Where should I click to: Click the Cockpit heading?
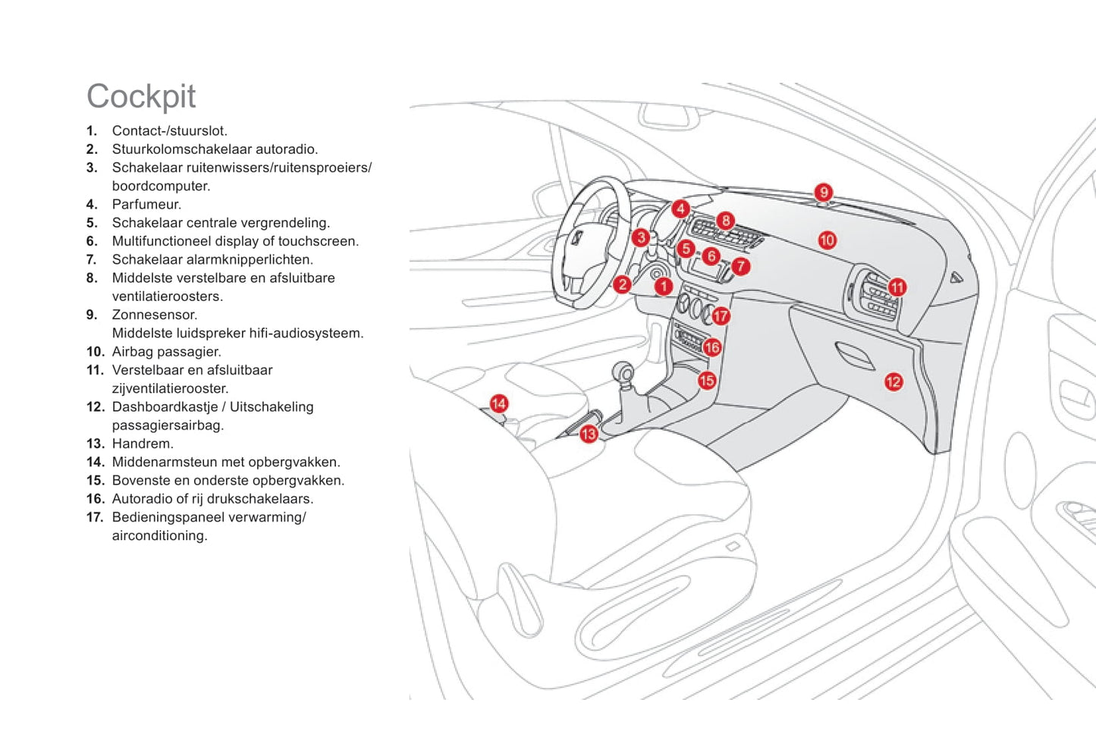(141, 96)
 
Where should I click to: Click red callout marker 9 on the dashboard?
(823, 192)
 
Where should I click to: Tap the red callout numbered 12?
(893, 381)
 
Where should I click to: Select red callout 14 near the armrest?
(498, 403)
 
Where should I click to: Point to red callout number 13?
(589, 434)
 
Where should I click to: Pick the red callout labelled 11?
(897, 287)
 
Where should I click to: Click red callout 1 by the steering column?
(664, 286)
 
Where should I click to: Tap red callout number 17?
(721, 315)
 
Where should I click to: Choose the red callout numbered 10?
(827, 240)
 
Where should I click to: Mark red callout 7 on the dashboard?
(740, 266)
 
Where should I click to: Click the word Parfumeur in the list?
(146, 205)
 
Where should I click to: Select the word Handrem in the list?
(142, 444)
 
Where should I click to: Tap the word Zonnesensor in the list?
(154, 315)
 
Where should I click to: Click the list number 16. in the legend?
(95, 499)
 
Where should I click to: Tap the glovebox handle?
(853, 354)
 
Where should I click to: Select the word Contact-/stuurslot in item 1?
(169, 131)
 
